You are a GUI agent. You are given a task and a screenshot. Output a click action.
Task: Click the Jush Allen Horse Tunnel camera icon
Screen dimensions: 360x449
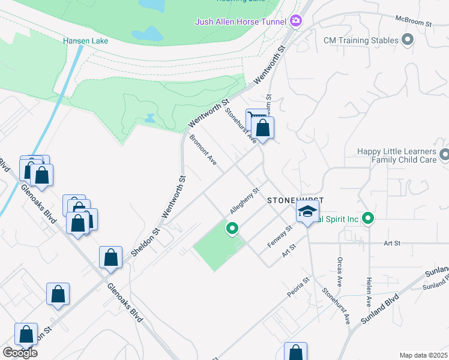(295, 22)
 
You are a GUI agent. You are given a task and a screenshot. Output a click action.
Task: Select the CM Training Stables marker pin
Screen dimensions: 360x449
(408, 40)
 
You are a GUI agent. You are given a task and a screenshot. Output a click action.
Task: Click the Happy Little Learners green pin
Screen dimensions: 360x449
(444, 155)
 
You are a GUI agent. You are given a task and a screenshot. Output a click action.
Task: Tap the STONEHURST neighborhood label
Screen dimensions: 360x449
(295, 200)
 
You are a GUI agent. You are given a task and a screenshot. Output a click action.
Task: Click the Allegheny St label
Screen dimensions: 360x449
(244, 201)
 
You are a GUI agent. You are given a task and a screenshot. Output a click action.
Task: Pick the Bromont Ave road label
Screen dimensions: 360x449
(203, 150)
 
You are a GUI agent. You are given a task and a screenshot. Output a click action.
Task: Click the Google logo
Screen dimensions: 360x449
(20, 352)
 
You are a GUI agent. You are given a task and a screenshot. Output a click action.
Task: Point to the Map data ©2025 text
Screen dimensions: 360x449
(423, 355)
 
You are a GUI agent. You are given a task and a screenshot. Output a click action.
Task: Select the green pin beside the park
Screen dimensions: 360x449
(232, 228)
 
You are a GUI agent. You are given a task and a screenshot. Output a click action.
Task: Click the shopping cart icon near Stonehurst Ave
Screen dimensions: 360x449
(255, 117)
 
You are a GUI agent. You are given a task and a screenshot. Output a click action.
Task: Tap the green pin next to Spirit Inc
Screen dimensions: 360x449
(369, 219)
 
